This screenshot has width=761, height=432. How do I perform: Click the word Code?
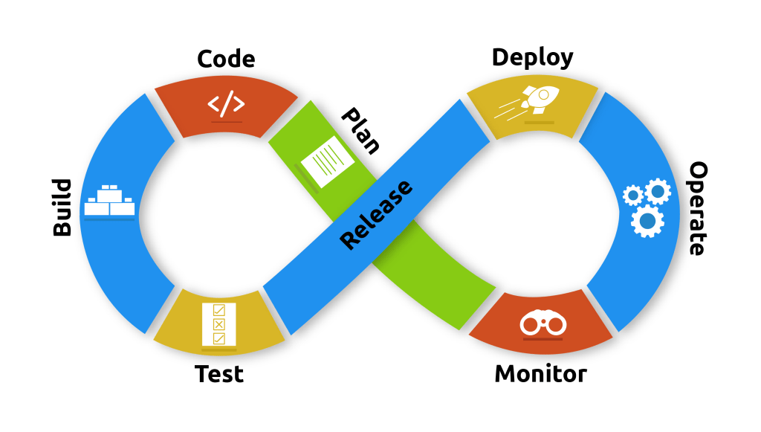coord(226,59)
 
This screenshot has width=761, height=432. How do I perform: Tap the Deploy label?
coord(532,57)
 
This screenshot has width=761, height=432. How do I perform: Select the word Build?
coord(62,207)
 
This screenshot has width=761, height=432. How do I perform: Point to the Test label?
coord(219,373)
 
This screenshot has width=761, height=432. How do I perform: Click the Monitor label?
coord(540,373)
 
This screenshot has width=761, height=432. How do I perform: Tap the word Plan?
coord(360,130)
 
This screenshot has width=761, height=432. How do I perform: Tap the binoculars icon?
coord(543,324)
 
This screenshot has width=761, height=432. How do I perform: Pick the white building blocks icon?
coord(109,201)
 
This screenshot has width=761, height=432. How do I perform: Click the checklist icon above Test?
coord(218,324)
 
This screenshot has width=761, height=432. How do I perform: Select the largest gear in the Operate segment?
coord(647,220)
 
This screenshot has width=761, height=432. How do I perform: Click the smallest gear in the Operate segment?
coord(632,196)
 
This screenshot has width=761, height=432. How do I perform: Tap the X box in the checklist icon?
coord(218,324)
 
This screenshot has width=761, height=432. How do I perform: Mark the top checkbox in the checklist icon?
coord(218,310)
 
